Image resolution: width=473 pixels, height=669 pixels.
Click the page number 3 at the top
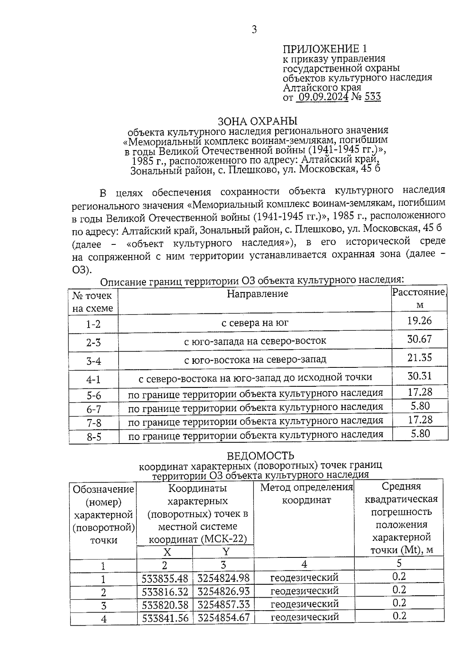point(254,30)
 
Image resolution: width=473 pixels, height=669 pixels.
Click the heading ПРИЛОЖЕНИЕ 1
point(324,48)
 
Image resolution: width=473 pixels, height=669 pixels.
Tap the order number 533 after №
point(372,97)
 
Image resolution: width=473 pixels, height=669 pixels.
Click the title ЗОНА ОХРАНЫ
point(258,121)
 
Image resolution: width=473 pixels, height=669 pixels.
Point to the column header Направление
point(257,294)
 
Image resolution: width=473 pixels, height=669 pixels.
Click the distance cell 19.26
point(419,321)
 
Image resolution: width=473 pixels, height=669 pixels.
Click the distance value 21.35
point(419,358)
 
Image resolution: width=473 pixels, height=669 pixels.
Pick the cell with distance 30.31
point(419,376)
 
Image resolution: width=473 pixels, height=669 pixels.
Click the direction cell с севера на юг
point(255,323)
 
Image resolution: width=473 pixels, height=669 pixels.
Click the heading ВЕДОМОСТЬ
point(260,456)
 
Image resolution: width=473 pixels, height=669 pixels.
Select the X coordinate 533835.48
point(165,578)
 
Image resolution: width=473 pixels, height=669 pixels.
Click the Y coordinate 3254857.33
point(223,604)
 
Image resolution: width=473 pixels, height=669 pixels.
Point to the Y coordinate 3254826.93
point(223,591)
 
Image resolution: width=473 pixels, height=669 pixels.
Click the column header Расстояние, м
point(419,298)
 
